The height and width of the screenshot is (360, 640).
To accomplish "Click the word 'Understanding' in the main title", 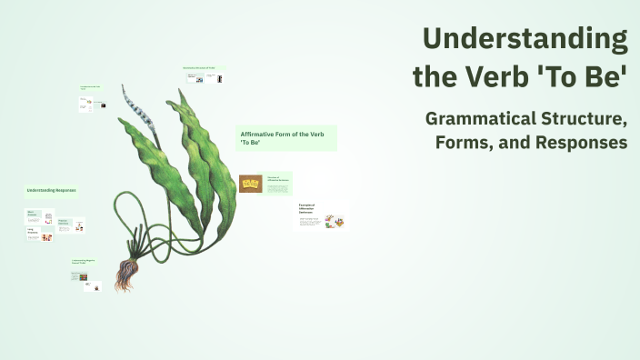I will [525, 39].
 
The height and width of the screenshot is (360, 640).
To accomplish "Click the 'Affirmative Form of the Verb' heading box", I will [286, 138].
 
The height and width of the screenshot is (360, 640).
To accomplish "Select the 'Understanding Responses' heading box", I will [51, 191].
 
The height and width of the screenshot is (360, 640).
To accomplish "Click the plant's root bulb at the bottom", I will [124, 274].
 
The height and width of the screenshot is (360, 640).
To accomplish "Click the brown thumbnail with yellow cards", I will [251, 184].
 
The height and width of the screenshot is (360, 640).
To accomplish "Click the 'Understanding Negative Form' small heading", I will [85, 262].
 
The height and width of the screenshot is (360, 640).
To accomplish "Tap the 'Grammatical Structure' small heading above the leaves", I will [204, 68].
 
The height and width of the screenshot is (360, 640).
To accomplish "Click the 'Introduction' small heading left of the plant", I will [91, 89].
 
